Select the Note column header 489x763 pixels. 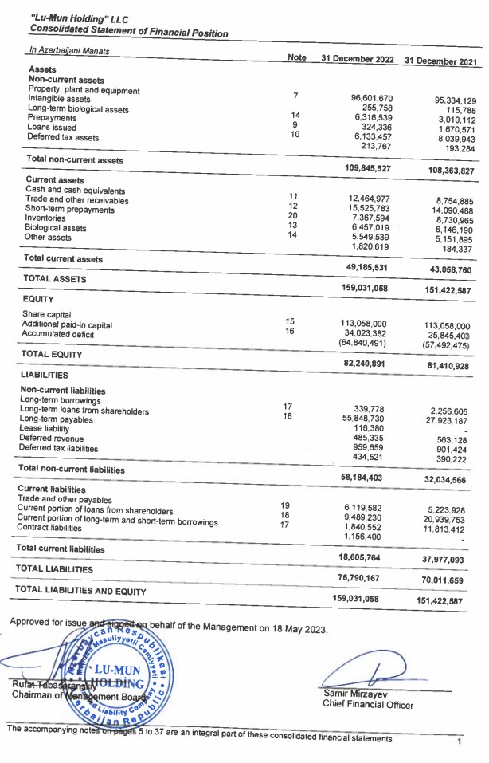(x=297, y=57)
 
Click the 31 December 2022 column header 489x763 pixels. (x=357, y=59)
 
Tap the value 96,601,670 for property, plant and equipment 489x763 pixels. (x=372, y=98)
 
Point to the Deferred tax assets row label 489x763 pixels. (x=63, y=137)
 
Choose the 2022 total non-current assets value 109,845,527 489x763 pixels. (x=367, y=167)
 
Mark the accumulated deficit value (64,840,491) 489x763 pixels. (x=362, y=343)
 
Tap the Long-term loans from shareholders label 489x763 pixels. (x=84, y=411)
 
